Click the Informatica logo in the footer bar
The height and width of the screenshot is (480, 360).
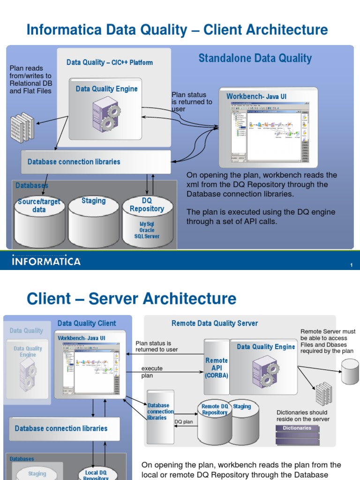pos(46,261)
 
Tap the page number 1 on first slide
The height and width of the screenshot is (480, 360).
pos(351,266)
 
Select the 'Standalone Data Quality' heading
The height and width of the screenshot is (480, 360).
pos(255,59)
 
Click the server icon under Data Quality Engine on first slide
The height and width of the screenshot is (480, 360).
pos(106,114)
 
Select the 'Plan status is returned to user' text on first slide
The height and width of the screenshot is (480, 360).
pos(192,102)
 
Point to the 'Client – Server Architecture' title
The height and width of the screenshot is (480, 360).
pos(131,299)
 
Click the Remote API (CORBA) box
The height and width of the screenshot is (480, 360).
pos(216,367)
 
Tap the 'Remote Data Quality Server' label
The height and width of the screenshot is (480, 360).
pos(214,323)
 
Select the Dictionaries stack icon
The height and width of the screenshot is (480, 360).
pos(297,435)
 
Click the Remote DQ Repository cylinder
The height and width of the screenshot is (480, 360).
pos(214,422)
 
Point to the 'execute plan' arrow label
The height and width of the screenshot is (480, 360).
pos(152,372)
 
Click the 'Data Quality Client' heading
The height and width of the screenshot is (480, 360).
pos(87,323)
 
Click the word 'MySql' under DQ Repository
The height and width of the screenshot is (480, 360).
pos(147,224)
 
